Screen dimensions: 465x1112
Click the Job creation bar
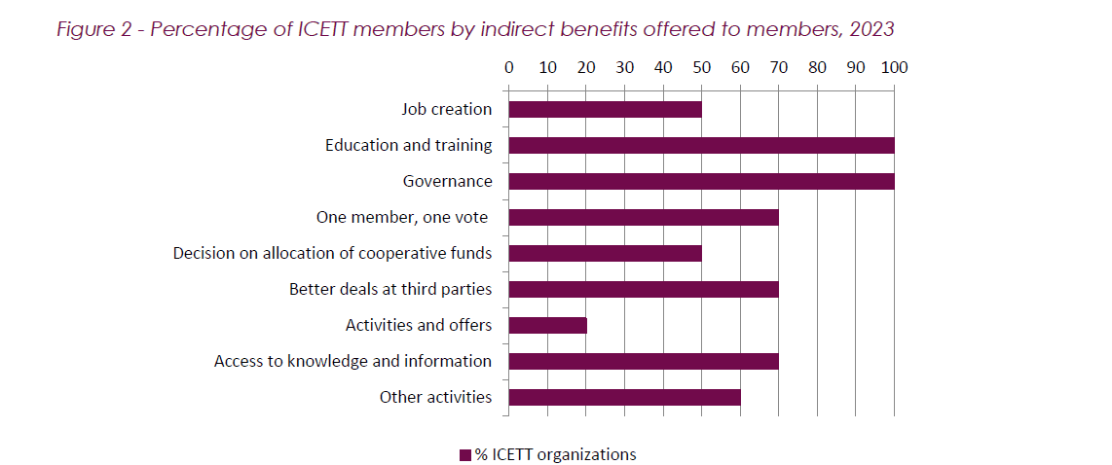click(604, 109)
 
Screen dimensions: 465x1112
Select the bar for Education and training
click(701, 145)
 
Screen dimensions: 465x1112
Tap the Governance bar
click(701, 181)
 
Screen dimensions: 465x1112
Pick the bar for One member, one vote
click(643, 217)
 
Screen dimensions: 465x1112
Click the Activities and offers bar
click(547, 325)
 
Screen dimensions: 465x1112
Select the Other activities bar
click(623, 397)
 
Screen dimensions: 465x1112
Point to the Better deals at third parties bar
click(643, 289)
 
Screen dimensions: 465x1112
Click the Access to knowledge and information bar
click(643, 361)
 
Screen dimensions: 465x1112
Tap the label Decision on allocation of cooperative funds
click(332, 253)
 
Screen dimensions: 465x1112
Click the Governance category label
click(448, 181)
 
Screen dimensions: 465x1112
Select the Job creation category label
click(447, 109)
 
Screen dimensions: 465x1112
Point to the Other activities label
click(435, 397)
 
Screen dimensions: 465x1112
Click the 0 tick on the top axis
click(508, 68)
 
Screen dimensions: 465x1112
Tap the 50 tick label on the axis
click(701, 68)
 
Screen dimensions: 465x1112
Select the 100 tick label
click(894, 68)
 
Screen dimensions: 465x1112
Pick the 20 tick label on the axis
click(585, 68)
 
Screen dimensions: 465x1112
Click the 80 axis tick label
click(817, 68)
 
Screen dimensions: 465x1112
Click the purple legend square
click(464, 454)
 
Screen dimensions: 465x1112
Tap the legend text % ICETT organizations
click(555, 454)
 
